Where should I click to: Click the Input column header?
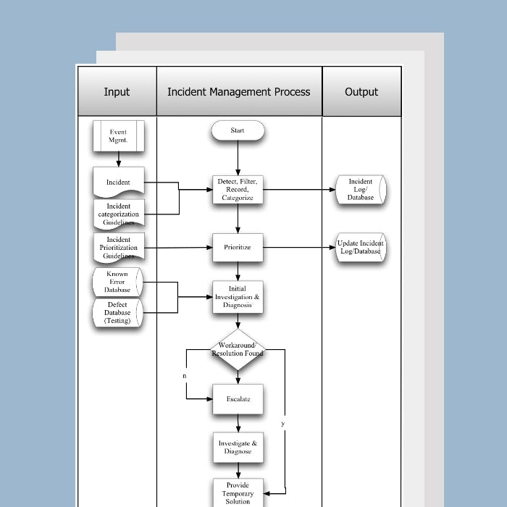[x=117, y=92]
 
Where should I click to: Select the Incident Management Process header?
[x=239, y=92]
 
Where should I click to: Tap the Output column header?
[x=361, y=92]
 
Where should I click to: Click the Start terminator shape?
[x=238, y=131]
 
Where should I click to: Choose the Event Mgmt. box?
[x=118, y=136]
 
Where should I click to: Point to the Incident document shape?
[x=118, y=182]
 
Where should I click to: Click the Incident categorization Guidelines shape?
[x=118, y=214]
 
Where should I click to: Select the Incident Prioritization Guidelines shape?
[x=118, y=248]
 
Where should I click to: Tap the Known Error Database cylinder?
[x=118, y=282]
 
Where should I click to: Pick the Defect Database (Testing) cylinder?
[x=118, y=313]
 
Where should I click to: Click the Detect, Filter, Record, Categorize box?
[x=238, y=190]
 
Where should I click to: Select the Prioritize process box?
[x=238, y=248]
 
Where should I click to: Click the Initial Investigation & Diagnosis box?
[x=238, y=297]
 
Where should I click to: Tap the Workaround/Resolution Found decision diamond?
[x=238, y=350]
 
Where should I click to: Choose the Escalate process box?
[x=238, y=399]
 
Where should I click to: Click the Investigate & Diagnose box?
[x=238, y=448]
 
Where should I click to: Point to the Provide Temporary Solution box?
[x=238, y=493]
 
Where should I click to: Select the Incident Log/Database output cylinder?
[x=361, y=190]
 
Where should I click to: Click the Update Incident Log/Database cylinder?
[x=361, y=248]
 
